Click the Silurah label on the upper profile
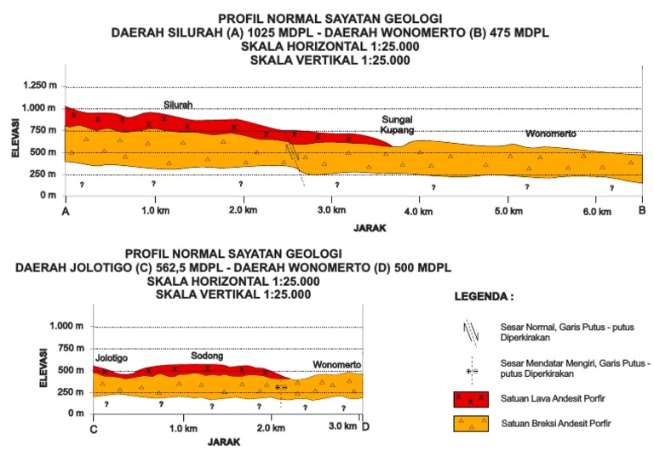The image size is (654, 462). coord(178,105)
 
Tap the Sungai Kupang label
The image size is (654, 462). coord(397,126)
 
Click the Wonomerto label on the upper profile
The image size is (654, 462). coord(550,134)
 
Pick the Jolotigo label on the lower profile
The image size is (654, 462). coord(111,358)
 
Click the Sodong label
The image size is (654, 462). coord(205,356)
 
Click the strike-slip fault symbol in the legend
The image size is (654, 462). coord(471,372)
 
